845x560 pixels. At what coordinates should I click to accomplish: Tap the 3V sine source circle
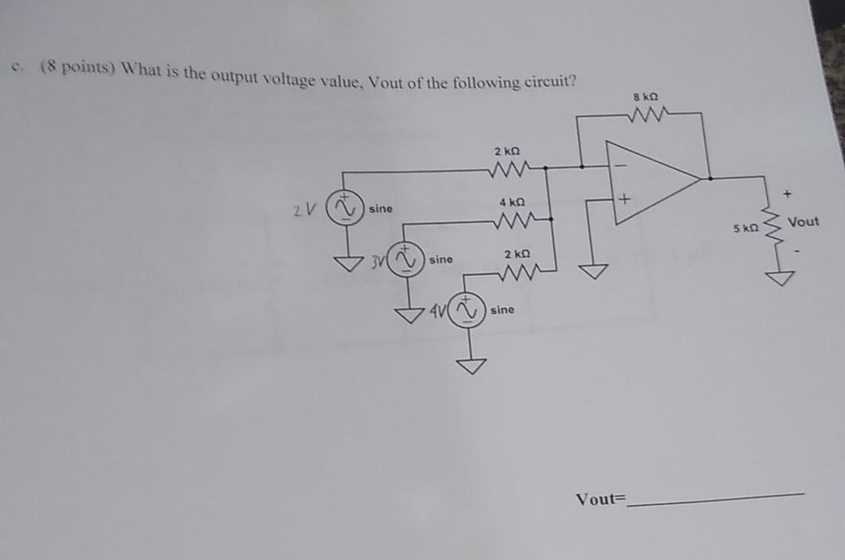pos(406,258)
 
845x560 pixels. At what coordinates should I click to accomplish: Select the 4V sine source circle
pos(468,309)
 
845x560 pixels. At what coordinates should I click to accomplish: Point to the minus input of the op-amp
pos(624,164)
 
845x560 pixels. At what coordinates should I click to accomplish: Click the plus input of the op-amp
pos(624,201)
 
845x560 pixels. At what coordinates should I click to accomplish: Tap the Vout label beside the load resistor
pos(804,222)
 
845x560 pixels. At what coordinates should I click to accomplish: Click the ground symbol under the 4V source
pos(468,365)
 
